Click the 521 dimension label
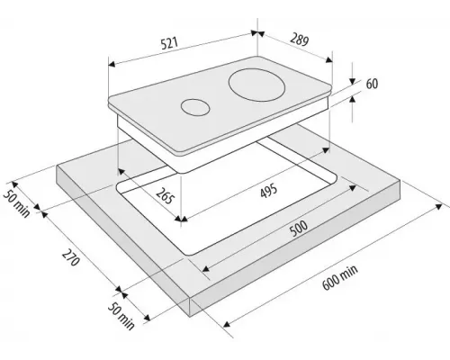pyautogui.click(x=170, y=43)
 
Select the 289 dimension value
pyautogui.click(x=299, y=39)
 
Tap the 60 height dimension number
pyautogui.click(x=372, y=84)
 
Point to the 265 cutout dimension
pyautogui.click(x=166, y=196)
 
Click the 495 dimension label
pyautogui.click(x=269, y=191)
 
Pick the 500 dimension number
pyautogui.click(x=299, y=229)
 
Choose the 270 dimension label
pyautogui.click(x=71, y=257)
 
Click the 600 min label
pyautogui.click(x=340, y=277)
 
